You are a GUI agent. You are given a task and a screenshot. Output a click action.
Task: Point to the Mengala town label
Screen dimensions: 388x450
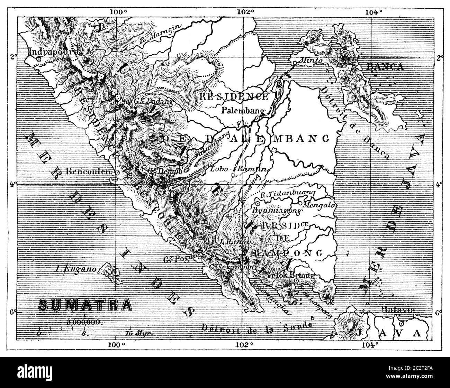(x=319, y=204)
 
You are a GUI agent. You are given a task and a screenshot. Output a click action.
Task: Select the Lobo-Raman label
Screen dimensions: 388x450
(x=239, y=169)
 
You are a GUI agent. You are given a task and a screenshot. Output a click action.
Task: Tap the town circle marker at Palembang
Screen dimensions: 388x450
(x=257, y=118)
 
